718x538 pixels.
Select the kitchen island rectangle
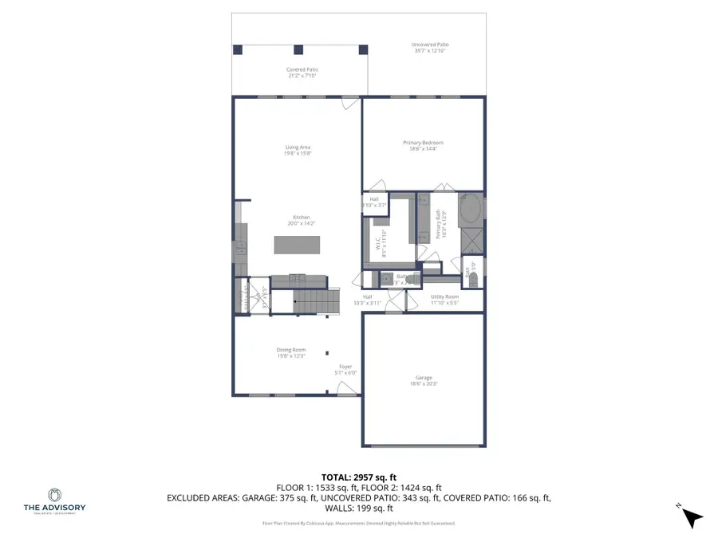(x=297, y=244)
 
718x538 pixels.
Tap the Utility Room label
(x=444, y=296)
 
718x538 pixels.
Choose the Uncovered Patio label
(x=428, y=45)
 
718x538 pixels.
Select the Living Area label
(x=298, y=147)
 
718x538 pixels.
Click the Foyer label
(x=346, y=367)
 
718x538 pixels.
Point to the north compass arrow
(x=692, y=517)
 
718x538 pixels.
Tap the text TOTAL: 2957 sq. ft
(x=358, y=477)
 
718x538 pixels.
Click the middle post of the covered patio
(x=298, y=49)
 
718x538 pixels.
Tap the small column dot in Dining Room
(x=326, y=351)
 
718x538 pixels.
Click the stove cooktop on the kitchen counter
(x=297, y=278)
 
